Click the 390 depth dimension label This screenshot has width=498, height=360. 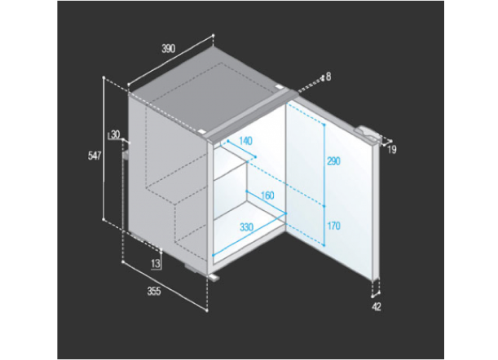(x=169, y=49)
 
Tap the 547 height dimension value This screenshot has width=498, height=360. (x=95, y=156)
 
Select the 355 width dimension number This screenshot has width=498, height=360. (x=154, y=291)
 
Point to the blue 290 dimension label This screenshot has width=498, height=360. (x=334, y=161)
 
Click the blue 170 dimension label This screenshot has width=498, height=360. (x=334, y=226)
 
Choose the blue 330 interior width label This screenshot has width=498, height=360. (x=247, y=227)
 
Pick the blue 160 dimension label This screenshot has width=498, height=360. (x=267, y=195)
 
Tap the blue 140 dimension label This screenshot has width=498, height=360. (x=245, y=141)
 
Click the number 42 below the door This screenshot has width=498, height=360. (x=377, y=307)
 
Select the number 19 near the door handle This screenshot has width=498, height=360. (x=392, y=150)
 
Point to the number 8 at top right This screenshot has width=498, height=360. (x=328, y=77)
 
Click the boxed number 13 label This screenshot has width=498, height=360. (x=156, y=264)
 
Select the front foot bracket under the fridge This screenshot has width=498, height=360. (x=214, y=277)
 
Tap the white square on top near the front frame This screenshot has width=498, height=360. (x=201, y=131)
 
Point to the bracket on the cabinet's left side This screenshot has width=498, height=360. (x=126, y=155)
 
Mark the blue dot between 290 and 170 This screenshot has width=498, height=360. (x=324, y=206)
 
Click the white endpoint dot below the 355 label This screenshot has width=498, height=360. (x=207, y=310)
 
